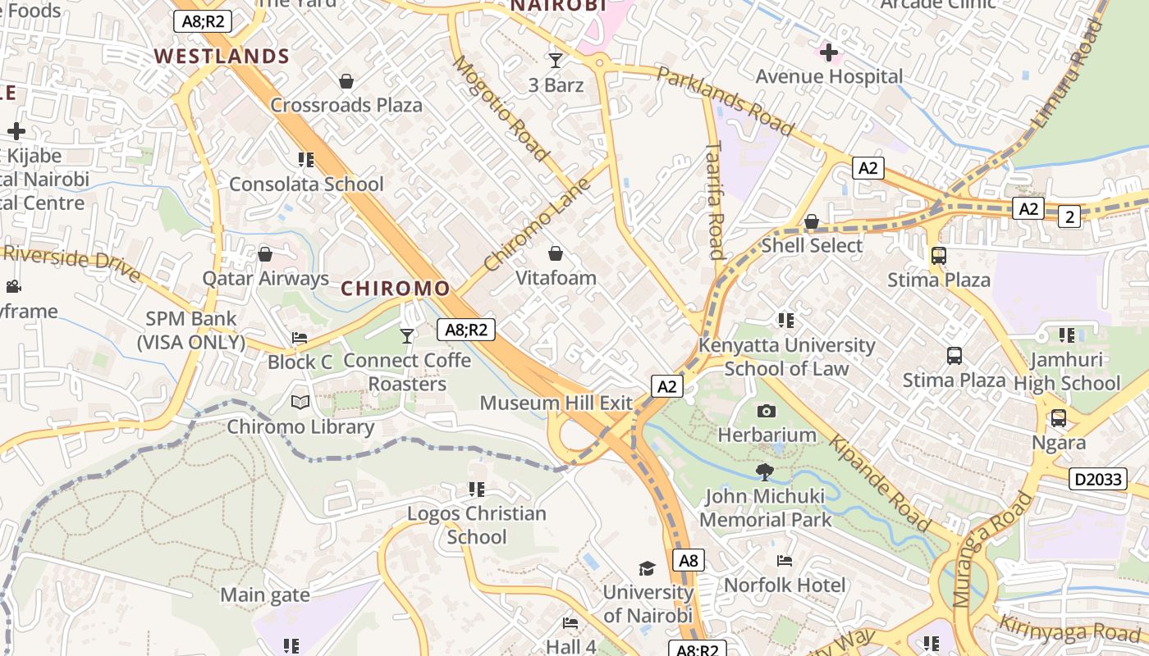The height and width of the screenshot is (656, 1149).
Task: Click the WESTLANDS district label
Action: [x=222, y=57]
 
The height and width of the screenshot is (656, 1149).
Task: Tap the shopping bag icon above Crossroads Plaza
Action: [x=346, y=81]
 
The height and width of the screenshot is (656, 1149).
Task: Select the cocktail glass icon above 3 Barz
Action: [x=556, y=60]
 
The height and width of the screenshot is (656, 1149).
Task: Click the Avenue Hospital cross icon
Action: [x=829, y=53]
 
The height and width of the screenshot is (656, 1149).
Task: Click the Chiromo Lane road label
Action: [x=538, y=225]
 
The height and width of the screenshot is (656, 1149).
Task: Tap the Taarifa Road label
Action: [x=715, y=199]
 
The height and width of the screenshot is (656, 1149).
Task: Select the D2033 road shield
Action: [x=1097, y=479]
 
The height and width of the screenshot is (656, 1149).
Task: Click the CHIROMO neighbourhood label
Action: [x=396, y=289]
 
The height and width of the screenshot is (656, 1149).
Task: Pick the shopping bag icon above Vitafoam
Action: [x=556, y=253]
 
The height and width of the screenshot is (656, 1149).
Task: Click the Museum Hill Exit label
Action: [x=556, y=403]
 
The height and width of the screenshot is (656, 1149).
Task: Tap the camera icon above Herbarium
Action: [x=767, y=411]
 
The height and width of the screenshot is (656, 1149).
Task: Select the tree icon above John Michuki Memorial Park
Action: [x=765, y=471]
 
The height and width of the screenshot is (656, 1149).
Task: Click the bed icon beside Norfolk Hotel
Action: [x=785, y=561]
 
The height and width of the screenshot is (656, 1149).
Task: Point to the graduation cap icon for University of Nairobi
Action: [x=648, y=568]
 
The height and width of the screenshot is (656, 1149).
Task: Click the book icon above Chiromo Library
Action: [x=300, y=402]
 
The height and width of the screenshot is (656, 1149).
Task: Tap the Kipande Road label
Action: [x=880, y=484]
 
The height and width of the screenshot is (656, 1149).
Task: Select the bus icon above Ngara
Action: [x=1059, y=418]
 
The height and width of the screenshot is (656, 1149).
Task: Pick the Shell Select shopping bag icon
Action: [x=812, y=221]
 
